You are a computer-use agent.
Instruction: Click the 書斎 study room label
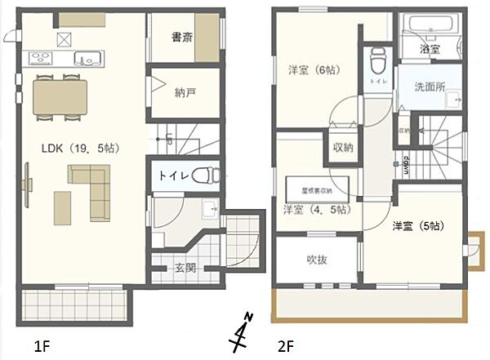click(182, 37)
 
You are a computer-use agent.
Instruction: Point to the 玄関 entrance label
click(185, 268)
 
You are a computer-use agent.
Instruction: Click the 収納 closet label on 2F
click(342, 148)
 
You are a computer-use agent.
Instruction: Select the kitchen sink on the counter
click(85, 57)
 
